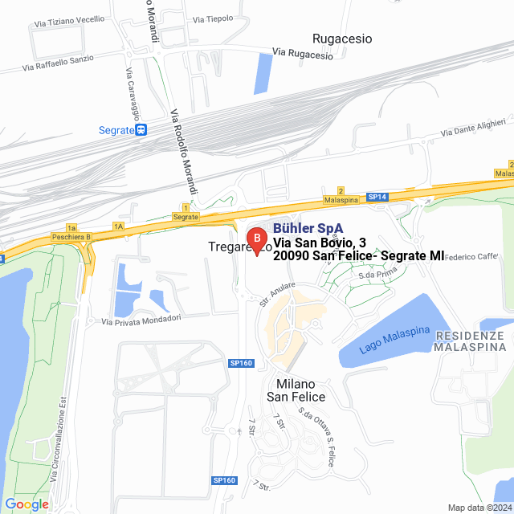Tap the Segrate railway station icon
point(141,129)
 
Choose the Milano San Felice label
point(296,390)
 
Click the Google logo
point(27,504)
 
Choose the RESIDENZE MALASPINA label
point(471,341)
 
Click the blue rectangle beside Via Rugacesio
point(262,72)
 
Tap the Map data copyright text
point(479,508)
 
